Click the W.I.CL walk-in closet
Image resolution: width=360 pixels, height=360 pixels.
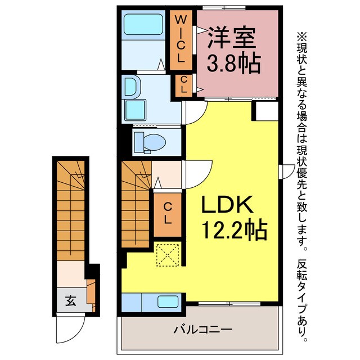tap(181, 39)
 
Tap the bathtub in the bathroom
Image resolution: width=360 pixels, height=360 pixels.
tap(144, 25)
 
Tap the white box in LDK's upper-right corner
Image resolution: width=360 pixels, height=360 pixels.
tap(264, 110)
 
